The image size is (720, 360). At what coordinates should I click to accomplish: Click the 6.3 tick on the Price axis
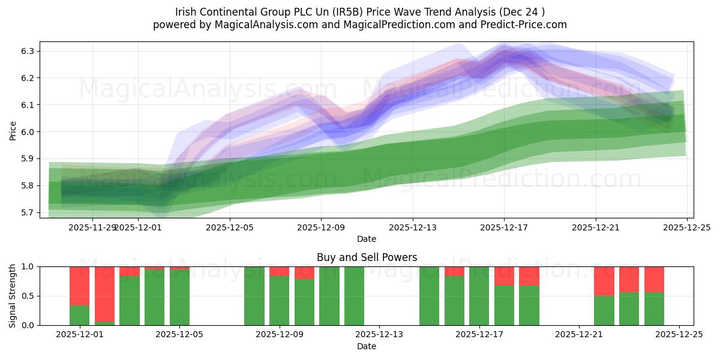tap(28, 51)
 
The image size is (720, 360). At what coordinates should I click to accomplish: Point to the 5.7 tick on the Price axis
tap(28, 212)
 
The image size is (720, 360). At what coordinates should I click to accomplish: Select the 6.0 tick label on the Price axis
tap(28, 132)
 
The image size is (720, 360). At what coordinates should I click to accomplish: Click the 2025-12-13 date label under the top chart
tap(412, 227)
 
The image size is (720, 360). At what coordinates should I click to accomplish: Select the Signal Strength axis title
tap(13, 295)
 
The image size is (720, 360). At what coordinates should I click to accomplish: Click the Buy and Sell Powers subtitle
tap(367, 258)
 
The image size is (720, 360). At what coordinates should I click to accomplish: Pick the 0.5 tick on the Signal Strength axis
tap(28, 296)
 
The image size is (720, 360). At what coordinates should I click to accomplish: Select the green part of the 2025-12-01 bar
tap(80, 316)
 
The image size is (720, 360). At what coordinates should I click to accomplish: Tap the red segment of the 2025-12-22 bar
tap(604, 281)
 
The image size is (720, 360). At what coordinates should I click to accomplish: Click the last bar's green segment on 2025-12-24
tap(654, 309)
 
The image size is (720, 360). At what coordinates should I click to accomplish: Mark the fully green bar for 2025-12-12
tap(354, 296)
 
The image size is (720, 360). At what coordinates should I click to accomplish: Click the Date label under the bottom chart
tap(367, 346)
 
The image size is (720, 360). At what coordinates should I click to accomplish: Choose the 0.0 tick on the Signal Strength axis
tap(28, 325)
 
